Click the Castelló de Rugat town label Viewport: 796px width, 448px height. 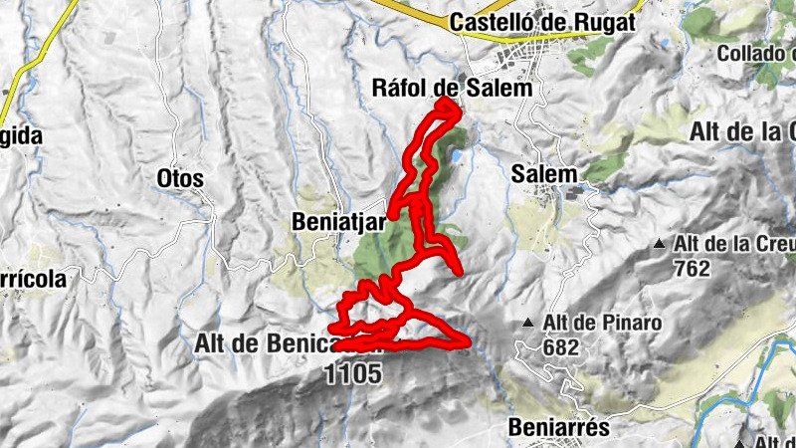coord(543,21)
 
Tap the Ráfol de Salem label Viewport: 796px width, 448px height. coord(453,88)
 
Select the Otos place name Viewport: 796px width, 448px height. coord(180,179)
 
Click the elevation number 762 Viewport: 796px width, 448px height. coord(691,268)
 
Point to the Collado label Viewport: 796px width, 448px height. coord(755,52)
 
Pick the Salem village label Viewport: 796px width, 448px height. coord(544,173)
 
